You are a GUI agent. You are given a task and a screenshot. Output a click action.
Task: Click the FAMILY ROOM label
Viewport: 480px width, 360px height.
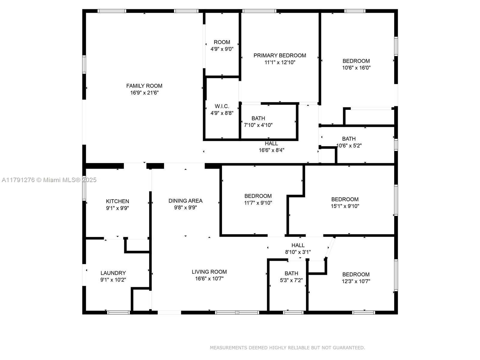coord(144,86)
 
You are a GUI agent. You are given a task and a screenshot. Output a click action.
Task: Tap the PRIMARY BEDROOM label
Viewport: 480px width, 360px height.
coord(280,55)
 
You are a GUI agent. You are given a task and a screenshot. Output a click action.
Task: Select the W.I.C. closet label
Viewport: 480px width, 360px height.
coord(222,106)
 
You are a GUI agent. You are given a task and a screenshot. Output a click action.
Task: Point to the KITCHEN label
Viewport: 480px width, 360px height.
coord(117,201)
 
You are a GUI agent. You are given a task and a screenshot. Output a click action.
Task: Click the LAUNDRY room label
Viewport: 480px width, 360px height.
coord(113,273)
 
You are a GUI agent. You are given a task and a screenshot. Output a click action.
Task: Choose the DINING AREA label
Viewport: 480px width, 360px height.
coord(185,201)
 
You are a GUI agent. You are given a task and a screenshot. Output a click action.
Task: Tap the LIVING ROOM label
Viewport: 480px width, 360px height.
coord(209,272)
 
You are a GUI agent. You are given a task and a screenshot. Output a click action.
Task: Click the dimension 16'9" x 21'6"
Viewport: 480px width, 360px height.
coord(144,93)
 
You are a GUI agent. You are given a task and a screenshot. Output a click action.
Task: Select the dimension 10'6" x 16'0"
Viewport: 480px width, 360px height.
coord(356,68)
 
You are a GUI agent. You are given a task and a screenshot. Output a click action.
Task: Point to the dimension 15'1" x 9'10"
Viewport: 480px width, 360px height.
coord(345,206)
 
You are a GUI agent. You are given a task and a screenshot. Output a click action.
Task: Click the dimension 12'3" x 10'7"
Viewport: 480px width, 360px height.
coord(356,281)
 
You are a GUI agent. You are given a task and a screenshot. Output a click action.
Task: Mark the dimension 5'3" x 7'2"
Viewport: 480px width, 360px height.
coord(291,280)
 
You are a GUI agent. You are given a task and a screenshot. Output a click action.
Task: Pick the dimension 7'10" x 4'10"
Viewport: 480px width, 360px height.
coord(258,125)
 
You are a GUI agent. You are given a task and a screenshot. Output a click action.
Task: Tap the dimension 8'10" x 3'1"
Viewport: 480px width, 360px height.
coord(298,252)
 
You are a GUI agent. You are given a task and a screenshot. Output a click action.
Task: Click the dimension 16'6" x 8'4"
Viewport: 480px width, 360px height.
coord(271,150)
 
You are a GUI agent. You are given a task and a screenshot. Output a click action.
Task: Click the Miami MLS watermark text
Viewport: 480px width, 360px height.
coord(49,180)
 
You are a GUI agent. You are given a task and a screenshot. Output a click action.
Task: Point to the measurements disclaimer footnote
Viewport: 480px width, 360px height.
coord(287,348)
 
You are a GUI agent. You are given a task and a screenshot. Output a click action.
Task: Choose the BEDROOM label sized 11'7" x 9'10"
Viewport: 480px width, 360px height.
coord(258,196)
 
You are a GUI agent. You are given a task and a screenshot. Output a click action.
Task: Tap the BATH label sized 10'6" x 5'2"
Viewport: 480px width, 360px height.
coord(349,139)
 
